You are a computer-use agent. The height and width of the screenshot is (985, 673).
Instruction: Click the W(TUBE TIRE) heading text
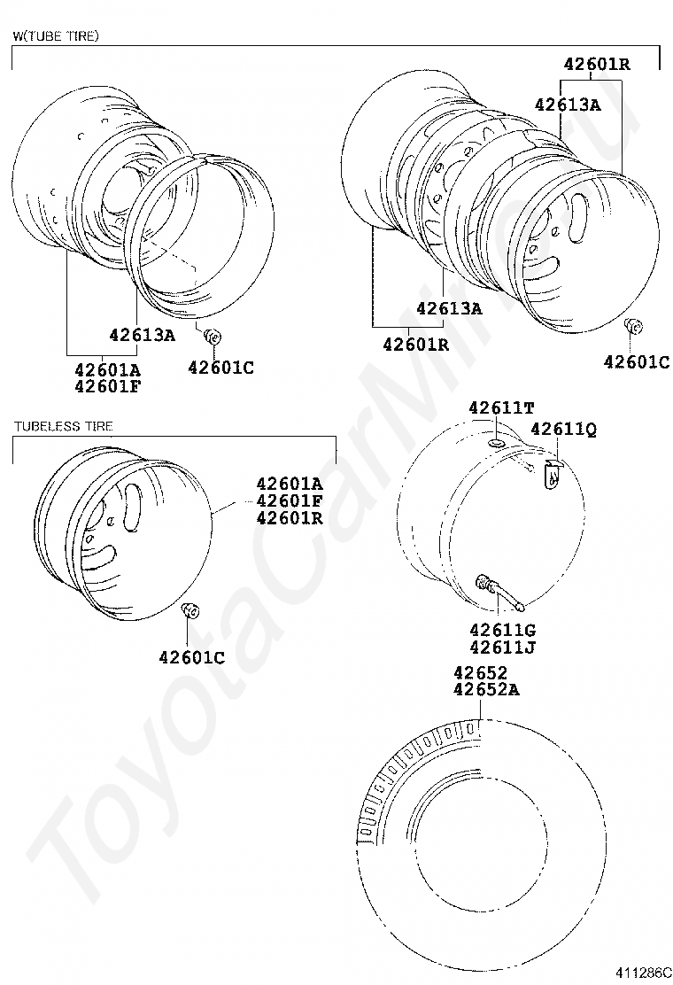56,35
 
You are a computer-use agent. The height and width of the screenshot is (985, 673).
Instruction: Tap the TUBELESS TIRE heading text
64,427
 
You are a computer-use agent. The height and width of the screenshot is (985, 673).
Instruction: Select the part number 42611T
501,407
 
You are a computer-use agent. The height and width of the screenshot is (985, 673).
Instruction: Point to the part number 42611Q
564,429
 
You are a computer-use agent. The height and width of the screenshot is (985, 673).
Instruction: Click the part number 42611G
502,630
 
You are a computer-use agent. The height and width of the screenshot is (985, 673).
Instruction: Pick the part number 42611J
502,647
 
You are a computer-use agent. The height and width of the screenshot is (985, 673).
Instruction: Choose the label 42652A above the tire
486,690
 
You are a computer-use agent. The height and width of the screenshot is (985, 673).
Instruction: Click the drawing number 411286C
643,973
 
